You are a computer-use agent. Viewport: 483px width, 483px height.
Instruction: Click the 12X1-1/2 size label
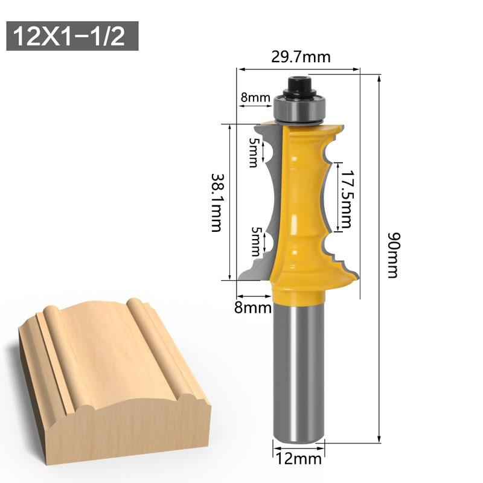(x=71, y=36)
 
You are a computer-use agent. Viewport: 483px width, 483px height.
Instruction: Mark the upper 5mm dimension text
(x=252, y=152)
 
